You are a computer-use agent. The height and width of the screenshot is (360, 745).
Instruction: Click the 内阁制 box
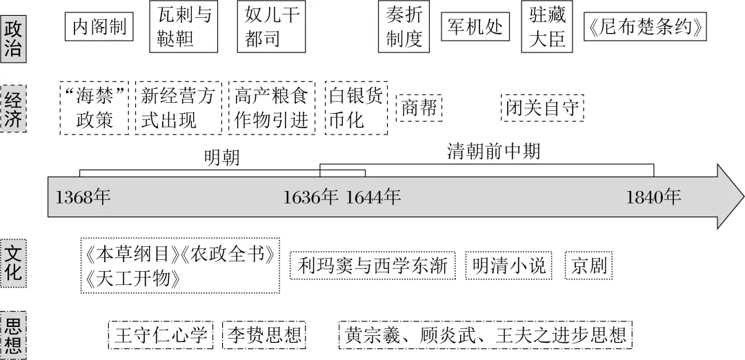coord(99,28)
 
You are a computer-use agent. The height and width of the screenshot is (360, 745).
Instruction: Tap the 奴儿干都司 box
coord(272,27)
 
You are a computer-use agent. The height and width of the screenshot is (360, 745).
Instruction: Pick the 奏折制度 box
coord(404,27)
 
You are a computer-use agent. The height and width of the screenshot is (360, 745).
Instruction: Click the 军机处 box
coord(475,28)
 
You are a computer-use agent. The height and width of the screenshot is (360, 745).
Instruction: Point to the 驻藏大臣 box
coord(548,27)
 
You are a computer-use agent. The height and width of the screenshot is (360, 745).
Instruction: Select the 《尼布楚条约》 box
coord(645,28)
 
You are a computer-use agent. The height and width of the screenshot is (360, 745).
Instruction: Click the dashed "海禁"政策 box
coord(95,108)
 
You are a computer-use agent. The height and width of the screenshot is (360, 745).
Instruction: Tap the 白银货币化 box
coord(355,108)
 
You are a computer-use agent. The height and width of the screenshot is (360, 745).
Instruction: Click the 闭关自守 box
coord(542,108)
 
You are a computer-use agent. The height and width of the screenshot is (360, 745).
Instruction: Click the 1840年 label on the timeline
coord(653,197)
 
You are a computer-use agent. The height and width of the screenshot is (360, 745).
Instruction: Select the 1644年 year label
coord(372,197)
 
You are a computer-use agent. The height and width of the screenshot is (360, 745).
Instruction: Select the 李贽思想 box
coord(265,336)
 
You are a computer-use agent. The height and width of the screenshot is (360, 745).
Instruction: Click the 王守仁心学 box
coord(161,336)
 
